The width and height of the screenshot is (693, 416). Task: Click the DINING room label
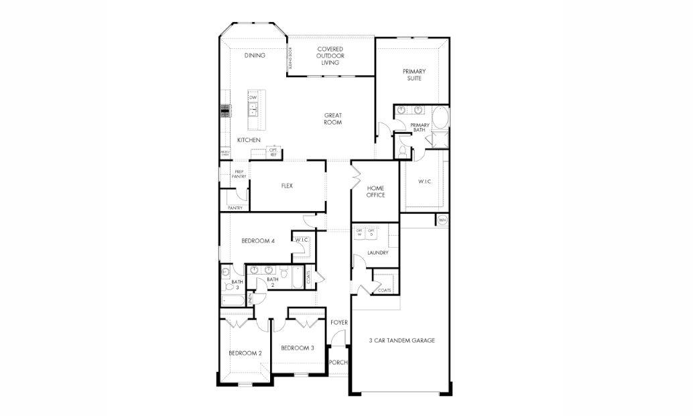(255, 56)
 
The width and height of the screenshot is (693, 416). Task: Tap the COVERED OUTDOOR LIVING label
(330, 56)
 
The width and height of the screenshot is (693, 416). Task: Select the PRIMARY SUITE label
(414, 74)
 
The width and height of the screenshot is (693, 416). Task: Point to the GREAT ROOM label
(333, 119)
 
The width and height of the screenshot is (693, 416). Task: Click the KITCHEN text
(249, 140)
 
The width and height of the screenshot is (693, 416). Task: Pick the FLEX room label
(287, 186)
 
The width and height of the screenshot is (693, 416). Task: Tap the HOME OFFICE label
(375, 192)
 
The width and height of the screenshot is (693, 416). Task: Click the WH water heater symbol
(442, 220)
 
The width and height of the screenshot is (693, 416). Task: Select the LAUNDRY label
(377, 253)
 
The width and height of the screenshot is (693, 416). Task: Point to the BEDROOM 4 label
(258, 241)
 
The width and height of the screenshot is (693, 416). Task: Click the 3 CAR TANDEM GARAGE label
(402, 340)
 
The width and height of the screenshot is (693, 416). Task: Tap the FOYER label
(339, 322)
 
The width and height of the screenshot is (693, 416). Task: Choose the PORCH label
(338, 362)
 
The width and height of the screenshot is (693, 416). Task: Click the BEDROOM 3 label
(297, 348)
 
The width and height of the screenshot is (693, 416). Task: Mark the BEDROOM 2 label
(245, 353)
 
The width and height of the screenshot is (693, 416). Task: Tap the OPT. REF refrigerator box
(273, 153)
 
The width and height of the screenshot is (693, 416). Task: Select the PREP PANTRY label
(239, 174)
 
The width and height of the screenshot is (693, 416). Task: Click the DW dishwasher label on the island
(253, 98)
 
